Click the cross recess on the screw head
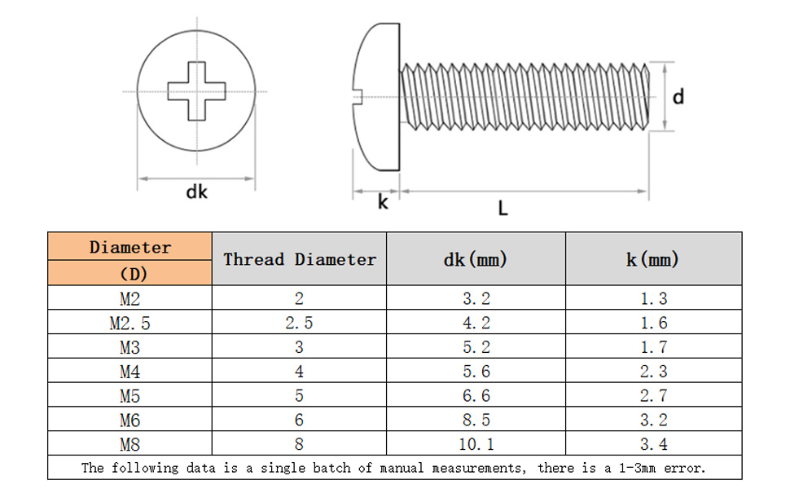(196, 91)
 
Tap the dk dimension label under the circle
(196, 192)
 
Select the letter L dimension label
(503, 208)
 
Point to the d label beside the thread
(678, 96)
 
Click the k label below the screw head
(383, 201)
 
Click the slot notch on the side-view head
(358, 97)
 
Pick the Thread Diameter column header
(300, 259)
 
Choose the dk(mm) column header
(475, 260)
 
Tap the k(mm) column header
(653, 260)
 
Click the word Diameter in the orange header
(130, 247)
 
